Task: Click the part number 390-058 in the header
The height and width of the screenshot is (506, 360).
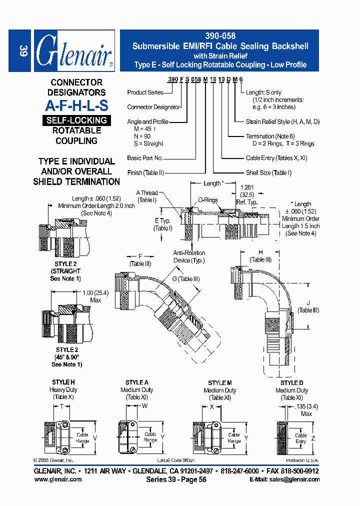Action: [220, 36]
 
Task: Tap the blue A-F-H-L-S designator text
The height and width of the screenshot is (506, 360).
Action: [76, 105]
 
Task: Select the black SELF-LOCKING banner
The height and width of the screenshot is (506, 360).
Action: [76, 120]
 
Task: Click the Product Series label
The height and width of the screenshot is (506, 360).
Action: [145, 92]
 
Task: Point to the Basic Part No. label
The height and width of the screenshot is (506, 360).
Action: [145, 158]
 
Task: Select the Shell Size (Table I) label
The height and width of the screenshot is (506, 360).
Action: [268, 172]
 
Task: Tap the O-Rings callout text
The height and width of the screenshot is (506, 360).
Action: [207, 200]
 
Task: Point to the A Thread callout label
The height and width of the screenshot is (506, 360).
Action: [147, 193]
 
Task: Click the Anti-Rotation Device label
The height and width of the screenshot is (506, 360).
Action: [189, 256]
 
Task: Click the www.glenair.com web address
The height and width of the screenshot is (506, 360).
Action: [58, 479]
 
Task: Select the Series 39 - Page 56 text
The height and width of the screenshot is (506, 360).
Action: [176, 479]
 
